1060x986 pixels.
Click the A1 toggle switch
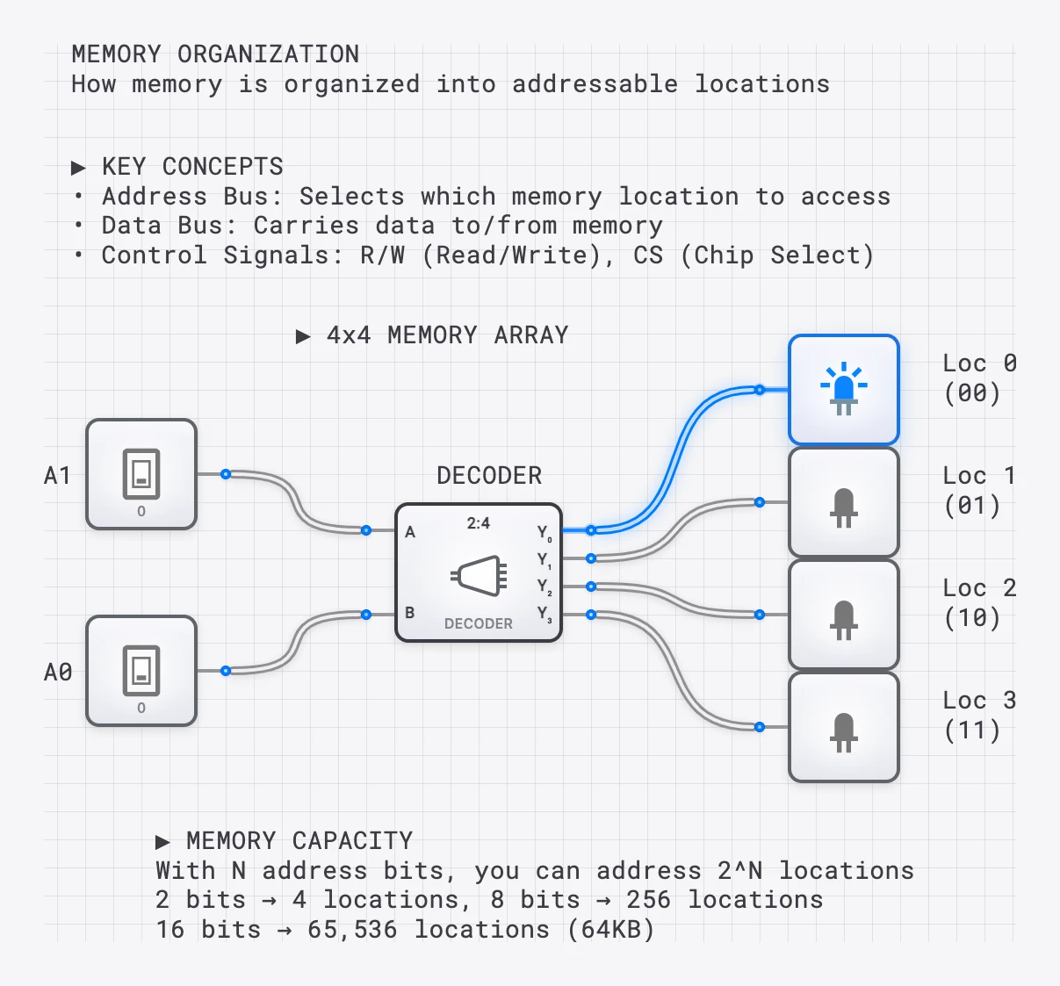click(141, 474)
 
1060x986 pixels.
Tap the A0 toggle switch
click(141, 671)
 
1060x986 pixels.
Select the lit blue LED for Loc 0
click(843, 390)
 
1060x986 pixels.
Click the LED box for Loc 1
click(843, 502)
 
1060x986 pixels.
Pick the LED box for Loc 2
click(843, 615)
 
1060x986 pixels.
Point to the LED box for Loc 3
click(843, 727)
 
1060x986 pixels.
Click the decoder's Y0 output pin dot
click(591, 530)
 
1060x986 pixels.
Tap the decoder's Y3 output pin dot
click(591, 615)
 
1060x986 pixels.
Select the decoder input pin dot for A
click(366, 530)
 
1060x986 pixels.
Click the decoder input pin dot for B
click(366, 615)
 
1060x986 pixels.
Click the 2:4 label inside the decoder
click(478, 523)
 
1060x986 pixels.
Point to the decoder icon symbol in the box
click(479, 576)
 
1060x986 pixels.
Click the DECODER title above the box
click(489, 476)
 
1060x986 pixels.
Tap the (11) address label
click(972, 731)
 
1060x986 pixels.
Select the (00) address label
click(972, 393)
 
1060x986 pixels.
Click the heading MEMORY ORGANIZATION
click(215, 54)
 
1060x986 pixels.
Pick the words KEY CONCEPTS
click(192, 167)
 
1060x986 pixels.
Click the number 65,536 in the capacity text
click(352, 930)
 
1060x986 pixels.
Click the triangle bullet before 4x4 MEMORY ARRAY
click(303, 336)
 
